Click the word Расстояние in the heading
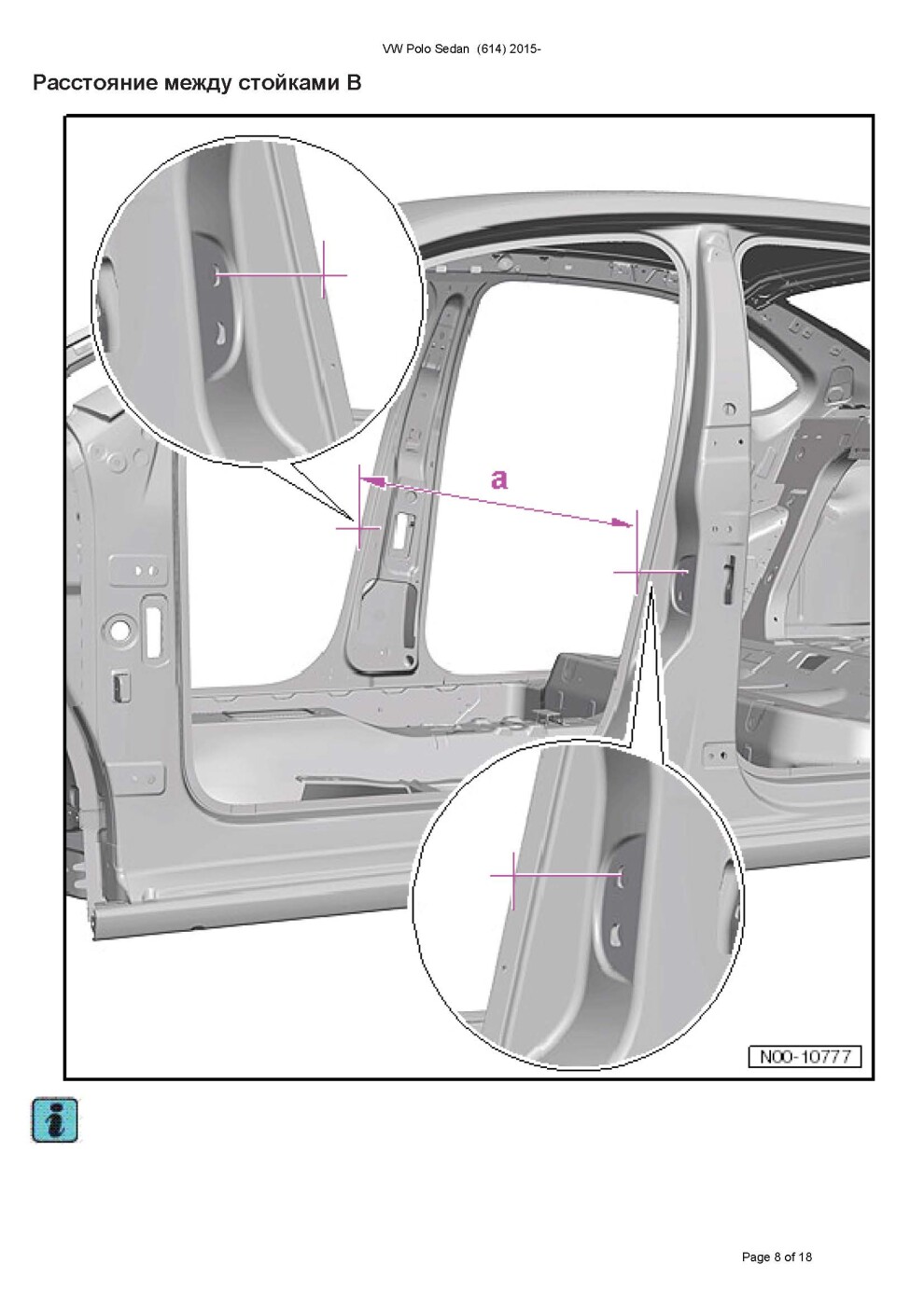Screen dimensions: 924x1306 [x=95, y=83]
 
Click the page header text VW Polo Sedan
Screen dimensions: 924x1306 [x=426, y=49]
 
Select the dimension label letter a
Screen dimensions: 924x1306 [x=499, y=479]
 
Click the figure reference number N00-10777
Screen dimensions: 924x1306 [x=805, y=1056]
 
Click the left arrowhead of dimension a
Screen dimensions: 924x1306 [x=373, y=481]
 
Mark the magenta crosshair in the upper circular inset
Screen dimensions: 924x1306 [x=323, y=274]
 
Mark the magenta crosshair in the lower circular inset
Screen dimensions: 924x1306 [x=513, y=875]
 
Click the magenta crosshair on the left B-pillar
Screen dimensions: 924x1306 [x=359, y=528]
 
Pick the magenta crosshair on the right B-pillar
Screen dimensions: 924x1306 [x=637, y=573]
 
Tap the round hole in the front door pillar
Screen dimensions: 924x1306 [x=120, y=631]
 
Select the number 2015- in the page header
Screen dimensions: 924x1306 [x=525, y=49]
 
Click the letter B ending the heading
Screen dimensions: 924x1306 [x=354, y=83]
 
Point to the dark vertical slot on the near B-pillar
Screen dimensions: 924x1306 [x=729, y=579]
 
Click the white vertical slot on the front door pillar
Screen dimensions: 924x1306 [x=155, y=632]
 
